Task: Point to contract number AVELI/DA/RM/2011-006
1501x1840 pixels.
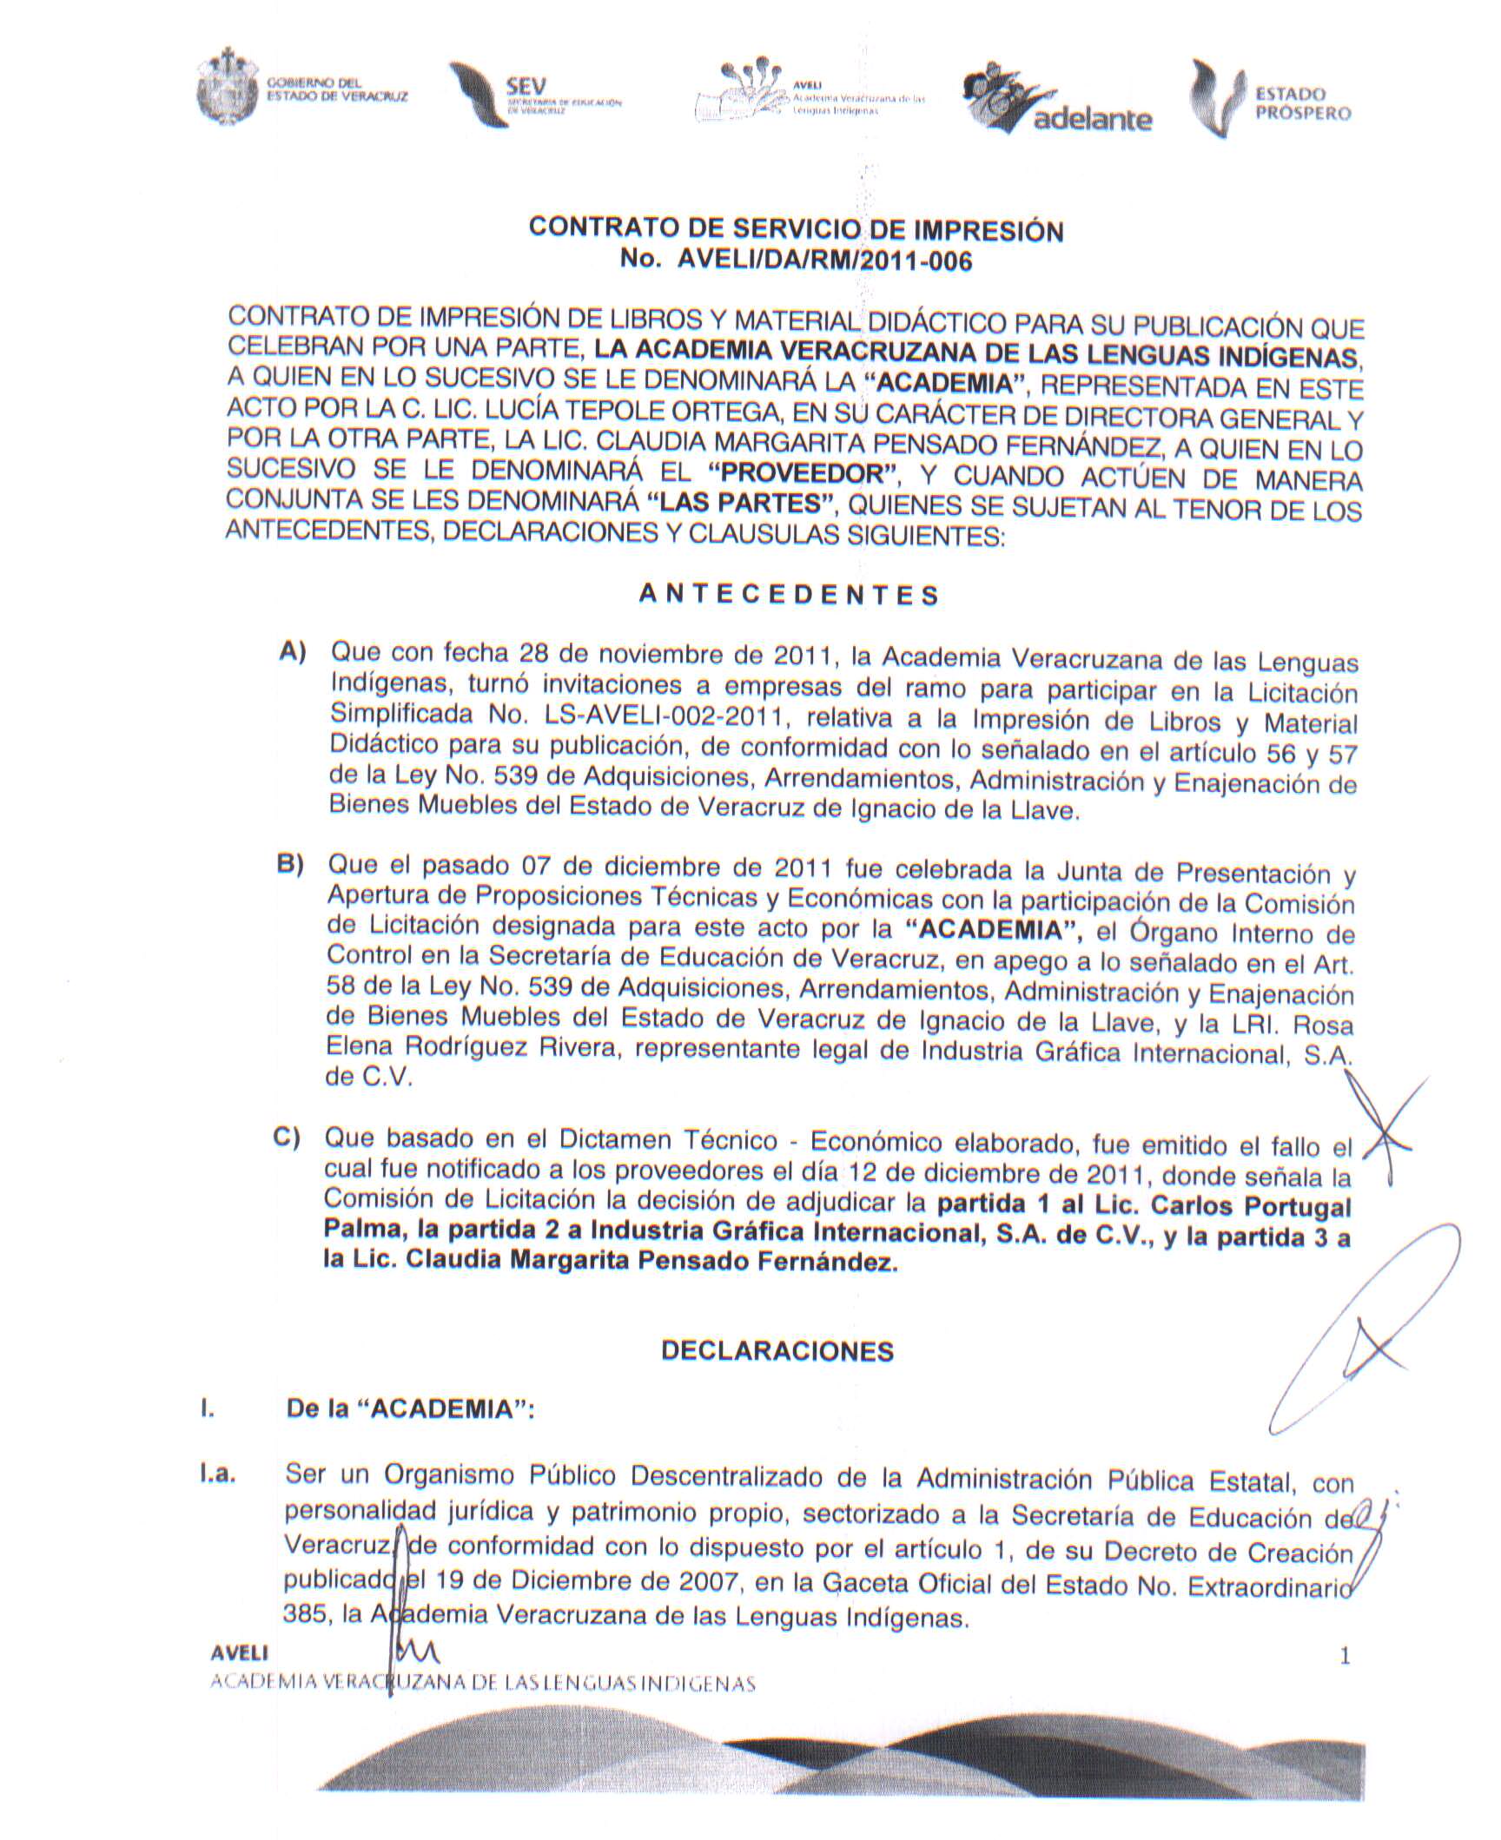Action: pyautogui.click(x=796, y=261)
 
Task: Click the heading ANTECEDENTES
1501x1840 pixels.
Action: pyautogui.click(x=789, y=596)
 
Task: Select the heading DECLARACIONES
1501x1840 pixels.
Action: pyautogui.click(x=777, y=1351)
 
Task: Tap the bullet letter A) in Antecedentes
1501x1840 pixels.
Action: pyautogui.click(x=293, y=652)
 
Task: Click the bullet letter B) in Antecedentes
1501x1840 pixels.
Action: pyautogui.click(x=290, y=865)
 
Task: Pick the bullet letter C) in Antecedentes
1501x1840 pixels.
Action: pyautogui.click(x=287, y=1138)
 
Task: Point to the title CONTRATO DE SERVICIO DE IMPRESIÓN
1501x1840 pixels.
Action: pyautogui.click(x=796, y=230)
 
